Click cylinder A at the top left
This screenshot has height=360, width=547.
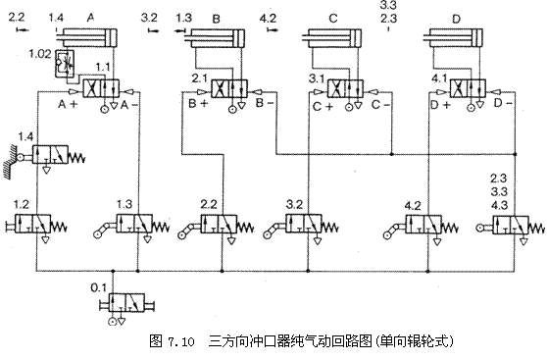(x=88, y=38)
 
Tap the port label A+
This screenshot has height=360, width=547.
(x=68, y=102)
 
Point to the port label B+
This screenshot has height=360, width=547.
(x=198, y=102)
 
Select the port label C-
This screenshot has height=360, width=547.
(x=381, y=102)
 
